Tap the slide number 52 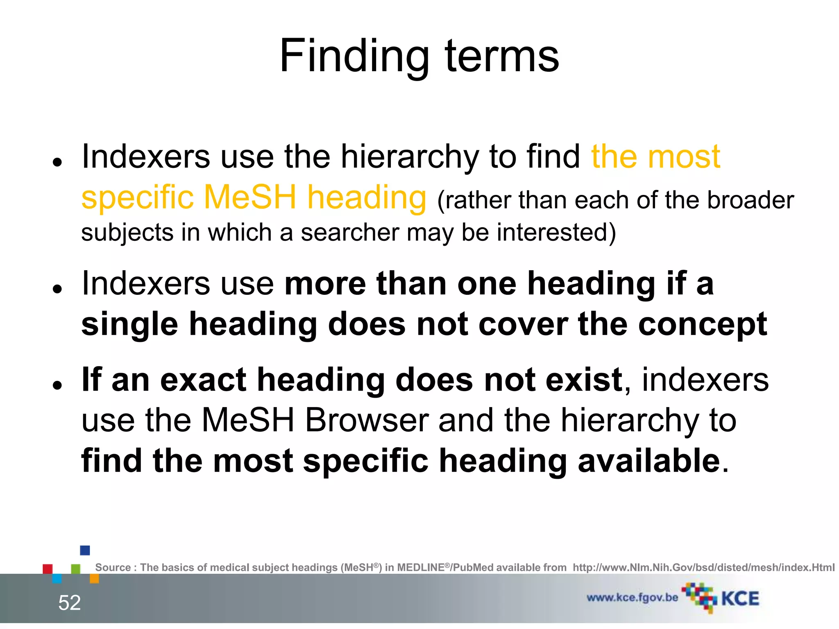(70, 603)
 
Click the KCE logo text (740, 599)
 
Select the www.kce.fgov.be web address (632, 597)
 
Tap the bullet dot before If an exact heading (57, 385)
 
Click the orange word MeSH (250, 197)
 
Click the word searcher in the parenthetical (349, 233)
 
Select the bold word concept (703, 324)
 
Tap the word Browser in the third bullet (367, 421)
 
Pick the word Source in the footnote (113, 568)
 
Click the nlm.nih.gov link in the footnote (703, 568)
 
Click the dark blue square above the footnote (85, 550)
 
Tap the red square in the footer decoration (48, 569)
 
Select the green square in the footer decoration (76, 569)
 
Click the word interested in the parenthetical (556, 233)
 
